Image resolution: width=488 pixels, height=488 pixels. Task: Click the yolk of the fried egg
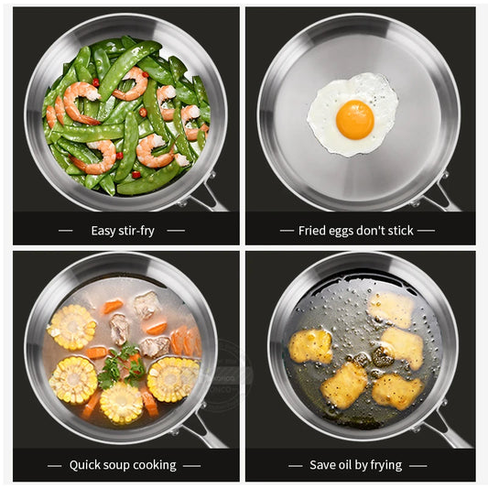pos(354,119)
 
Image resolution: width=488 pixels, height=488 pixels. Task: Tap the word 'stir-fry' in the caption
pos(135,231)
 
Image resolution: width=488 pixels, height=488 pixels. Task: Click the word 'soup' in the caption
pos(121,465)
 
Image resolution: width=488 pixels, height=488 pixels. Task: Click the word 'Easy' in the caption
pos(103,231)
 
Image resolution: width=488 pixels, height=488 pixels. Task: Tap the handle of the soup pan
pos(205,430)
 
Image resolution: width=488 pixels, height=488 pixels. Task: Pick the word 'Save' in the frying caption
pos(322,465)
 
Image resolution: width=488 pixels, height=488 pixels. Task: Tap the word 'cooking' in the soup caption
pos(156,465)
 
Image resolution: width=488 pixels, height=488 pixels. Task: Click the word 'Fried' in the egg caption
pos(313,231)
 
